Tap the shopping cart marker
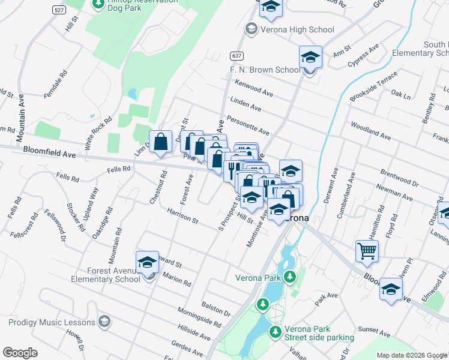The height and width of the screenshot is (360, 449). (x=367, y=251)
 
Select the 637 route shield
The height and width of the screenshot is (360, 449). (x=236, y=55)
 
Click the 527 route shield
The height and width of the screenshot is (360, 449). (x=59, y=10)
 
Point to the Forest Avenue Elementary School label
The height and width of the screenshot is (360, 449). (x=105, y=274)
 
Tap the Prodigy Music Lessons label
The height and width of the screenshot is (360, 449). (x=52, y=322)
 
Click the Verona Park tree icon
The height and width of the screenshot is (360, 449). (x=290, y=277)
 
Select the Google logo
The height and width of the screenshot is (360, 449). (x=20, y=353)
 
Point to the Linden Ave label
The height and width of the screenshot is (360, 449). (x=246, y=104)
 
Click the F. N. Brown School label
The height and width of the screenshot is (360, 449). (x=264, y=70)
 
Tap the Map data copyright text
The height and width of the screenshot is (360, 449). (x=412, y=355)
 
